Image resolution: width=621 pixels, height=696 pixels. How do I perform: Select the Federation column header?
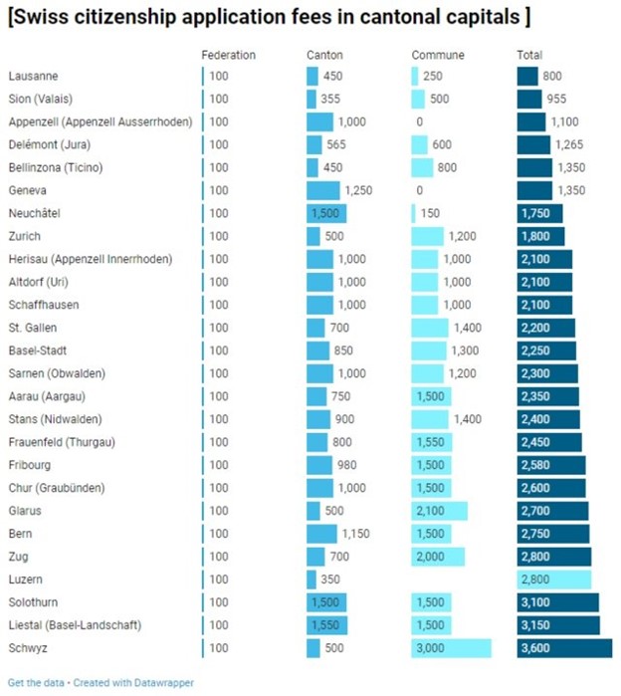(228, 55)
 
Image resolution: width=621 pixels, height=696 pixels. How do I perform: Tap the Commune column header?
(437, 55)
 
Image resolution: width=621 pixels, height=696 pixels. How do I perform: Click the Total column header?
(529, 55)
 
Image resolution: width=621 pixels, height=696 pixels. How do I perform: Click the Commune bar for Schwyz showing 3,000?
(451, 648)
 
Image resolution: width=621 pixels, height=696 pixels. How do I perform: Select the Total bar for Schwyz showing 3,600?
(564, 648)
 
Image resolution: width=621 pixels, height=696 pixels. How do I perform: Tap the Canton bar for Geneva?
(323, 190)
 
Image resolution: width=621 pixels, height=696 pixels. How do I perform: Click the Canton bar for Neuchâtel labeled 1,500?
(326, 213)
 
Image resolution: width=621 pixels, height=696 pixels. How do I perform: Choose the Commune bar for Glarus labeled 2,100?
(439, 511)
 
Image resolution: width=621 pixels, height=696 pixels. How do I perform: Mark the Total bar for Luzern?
(554, 580)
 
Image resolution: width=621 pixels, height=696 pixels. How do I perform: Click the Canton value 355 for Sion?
(331, 99)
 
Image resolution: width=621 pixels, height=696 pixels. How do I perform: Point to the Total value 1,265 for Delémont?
(569, 144)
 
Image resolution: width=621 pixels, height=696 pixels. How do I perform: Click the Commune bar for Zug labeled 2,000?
(438, 557)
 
